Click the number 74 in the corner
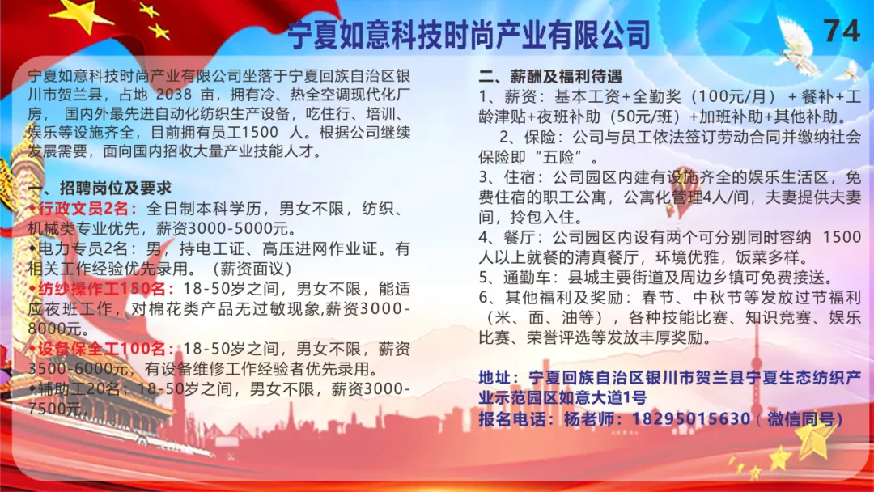tap(841, 30)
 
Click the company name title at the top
tap(469, 36)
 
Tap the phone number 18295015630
tap(690, 418)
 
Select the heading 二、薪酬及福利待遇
tap(550, 76)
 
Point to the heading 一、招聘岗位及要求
tap(100, 188)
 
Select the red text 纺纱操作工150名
tap(102, 289)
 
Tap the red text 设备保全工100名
tap(102, 349)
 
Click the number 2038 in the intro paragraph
tap(174, 94)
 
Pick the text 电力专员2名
tap(83, 248)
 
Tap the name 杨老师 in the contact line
tap(588, 418)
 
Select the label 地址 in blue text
tap(495, 378)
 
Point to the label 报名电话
tap(511, 418)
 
